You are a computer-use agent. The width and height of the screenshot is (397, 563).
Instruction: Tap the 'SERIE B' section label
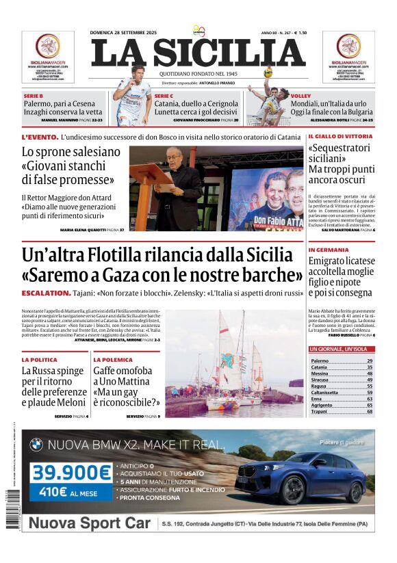click(x=34, y=95)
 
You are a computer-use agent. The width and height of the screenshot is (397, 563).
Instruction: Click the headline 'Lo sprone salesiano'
click(x=71, y=152)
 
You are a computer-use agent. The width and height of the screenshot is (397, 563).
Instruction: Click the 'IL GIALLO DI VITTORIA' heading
click(x=340, y=137)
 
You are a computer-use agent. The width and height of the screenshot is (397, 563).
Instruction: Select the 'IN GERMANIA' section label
click(x=328, y=250)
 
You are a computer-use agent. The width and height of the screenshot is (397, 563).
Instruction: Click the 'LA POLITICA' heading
click(x=39, y=359)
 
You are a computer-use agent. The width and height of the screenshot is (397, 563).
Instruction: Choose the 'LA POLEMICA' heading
click(x=113, y=359)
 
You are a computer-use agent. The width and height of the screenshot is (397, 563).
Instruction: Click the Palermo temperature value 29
click(x=370, y=361)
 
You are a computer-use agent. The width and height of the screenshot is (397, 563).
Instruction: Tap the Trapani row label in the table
click(x=320, y=411)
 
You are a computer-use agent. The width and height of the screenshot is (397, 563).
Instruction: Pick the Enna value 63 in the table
click(x=370, y=398)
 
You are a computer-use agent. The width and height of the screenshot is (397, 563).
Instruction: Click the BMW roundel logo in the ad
click(x=36, y=445)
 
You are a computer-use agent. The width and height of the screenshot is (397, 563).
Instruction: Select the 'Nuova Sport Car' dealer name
click(x=89, y=523)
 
